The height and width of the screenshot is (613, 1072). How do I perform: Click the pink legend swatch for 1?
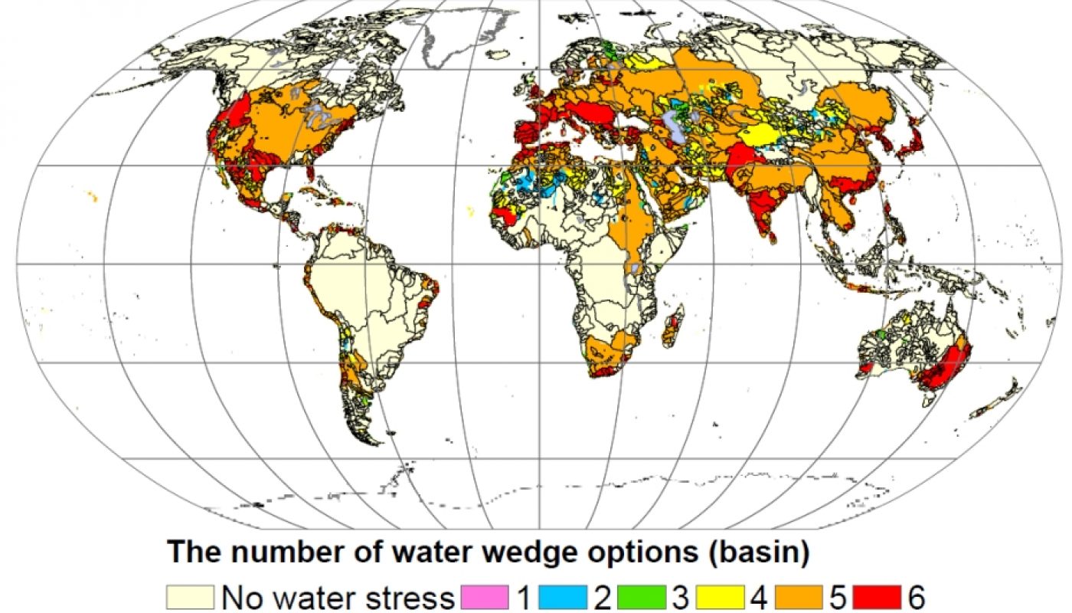coord(485,596)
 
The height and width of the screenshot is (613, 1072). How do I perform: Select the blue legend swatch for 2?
coord(563,596)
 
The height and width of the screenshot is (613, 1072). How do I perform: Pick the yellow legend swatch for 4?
coord(720,596)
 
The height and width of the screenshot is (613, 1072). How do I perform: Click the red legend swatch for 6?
coord(878,596)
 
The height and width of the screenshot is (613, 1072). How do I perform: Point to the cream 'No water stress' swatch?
coord(191,596)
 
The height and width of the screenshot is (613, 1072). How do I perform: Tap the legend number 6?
coord(917,596)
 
